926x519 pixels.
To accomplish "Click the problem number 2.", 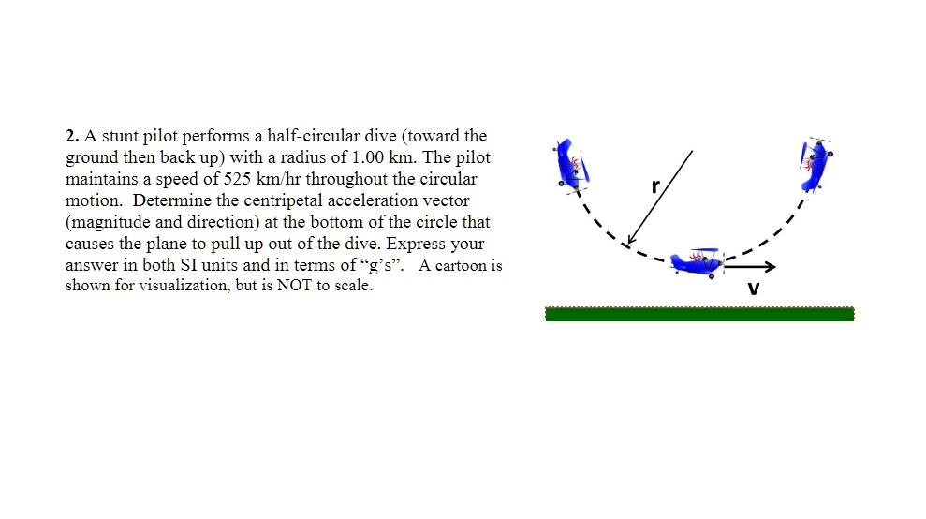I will pos(71,137).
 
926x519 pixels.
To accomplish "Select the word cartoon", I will pos(460,266).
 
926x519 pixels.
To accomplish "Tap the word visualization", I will pos(180,286).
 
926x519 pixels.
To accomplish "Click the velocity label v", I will pos(752,288).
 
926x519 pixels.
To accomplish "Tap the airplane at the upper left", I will pos(568,166).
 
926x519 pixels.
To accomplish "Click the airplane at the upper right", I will pos(816,164).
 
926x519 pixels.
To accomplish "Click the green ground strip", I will pos(699,314).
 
